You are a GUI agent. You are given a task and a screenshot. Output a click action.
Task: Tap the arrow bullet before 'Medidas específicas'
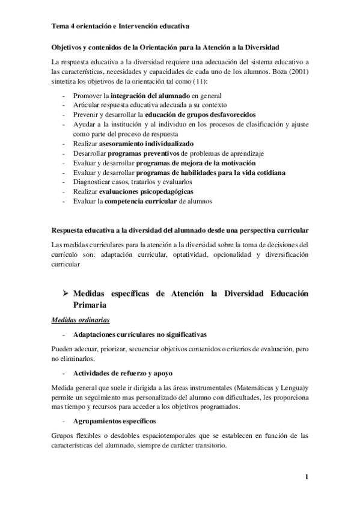[x=60, y=293]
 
